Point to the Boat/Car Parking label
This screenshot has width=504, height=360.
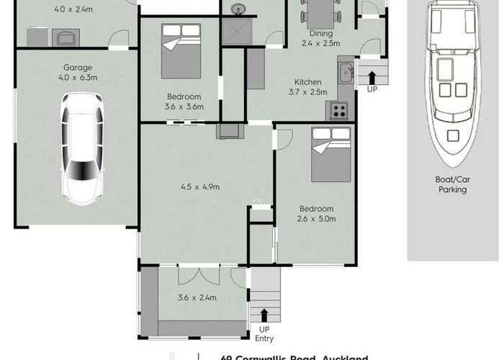coord(453,185)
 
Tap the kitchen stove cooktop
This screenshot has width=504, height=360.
coord(339,111)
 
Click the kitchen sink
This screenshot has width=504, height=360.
coord(346,71)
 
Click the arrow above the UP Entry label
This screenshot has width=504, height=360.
coord(264,315)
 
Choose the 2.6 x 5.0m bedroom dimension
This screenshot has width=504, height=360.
coord(317,219)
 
